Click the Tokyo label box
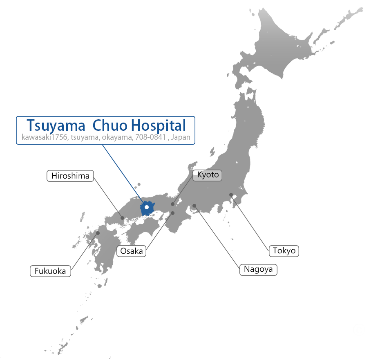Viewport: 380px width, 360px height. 284,250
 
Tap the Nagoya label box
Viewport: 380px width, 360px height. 258,270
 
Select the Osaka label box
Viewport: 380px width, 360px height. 132,251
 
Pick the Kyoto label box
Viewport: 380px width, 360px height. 208,175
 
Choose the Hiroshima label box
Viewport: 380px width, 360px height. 70,176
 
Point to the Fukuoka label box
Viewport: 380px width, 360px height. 50,271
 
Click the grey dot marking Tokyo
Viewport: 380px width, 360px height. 231,195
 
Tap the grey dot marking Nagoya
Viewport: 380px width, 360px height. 194,206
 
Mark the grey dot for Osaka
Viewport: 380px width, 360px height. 173,213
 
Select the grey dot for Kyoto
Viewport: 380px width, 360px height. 172,204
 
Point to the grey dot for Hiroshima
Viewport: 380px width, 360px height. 122,218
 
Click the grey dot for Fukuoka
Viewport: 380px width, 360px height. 98,233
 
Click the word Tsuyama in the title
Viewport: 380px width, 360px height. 53,125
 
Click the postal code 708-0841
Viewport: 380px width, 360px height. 150,137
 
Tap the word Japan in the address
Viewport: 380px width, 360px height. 181,137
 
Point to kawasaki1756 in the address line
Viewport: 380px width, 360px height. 45,137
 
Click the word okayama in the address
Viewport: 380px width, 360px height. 116,137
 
